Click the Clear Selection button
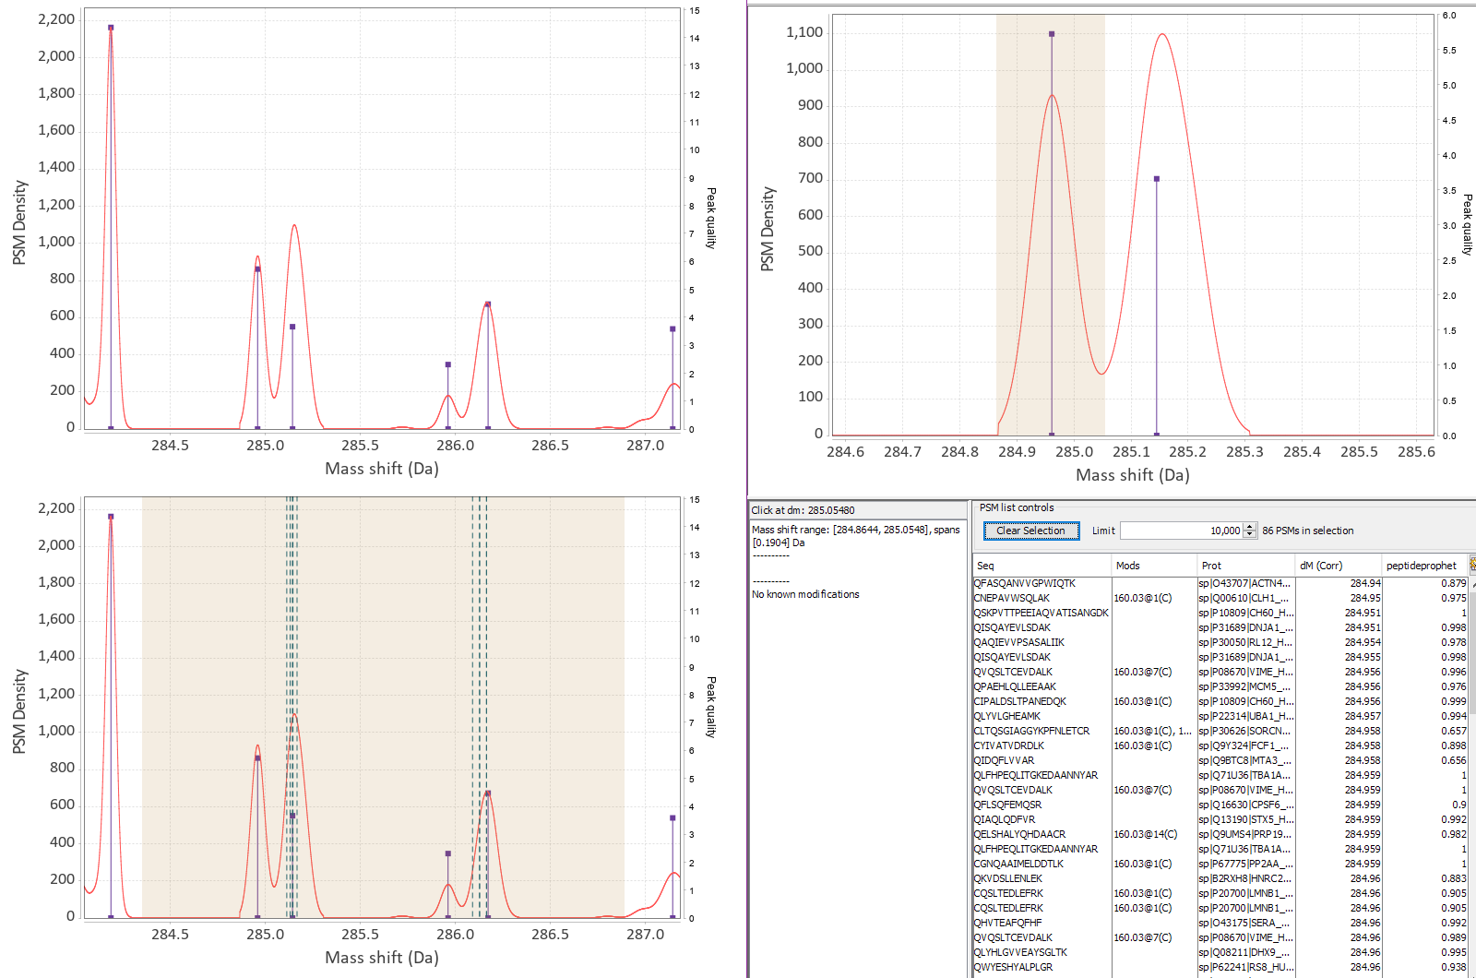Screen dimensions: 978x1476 pos(1030,531)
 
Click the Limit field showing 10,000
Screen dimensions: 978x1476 pos(1182,531)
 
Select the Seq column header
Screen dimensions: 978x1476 pos(985,566)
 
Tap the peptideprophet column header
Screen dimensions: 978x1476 pos(1421,566)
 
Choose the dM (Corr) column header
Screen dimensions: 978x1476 pos(1320,566)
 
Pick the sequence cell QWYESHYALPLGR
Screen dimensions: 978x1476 pos(1013,967)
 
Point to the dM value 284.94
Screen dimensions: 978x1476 pos(1365,583)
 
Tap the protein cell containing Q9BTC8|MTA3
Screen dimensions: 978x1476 pos(1244,760)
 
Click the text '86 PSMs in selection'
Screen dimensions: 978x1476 pos(1307,531)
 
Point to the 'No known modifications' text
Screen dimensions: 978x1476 pos(805,594)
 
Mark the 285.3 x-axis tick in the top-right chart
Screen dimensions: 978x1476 pos(1244,452)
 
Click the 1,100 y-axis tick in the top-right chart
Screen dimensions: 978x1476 pos(803,32)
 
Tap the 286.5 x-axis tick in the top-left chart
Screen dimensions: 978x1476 pos(550,446)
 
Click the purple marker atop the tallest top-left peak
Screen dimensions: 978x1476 pos(111,28)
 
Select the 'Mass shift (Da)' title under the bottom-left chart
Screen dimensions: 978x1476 pos(381,958)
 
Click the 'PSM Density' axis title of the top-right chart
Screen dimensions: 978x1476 pos(768,229)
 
